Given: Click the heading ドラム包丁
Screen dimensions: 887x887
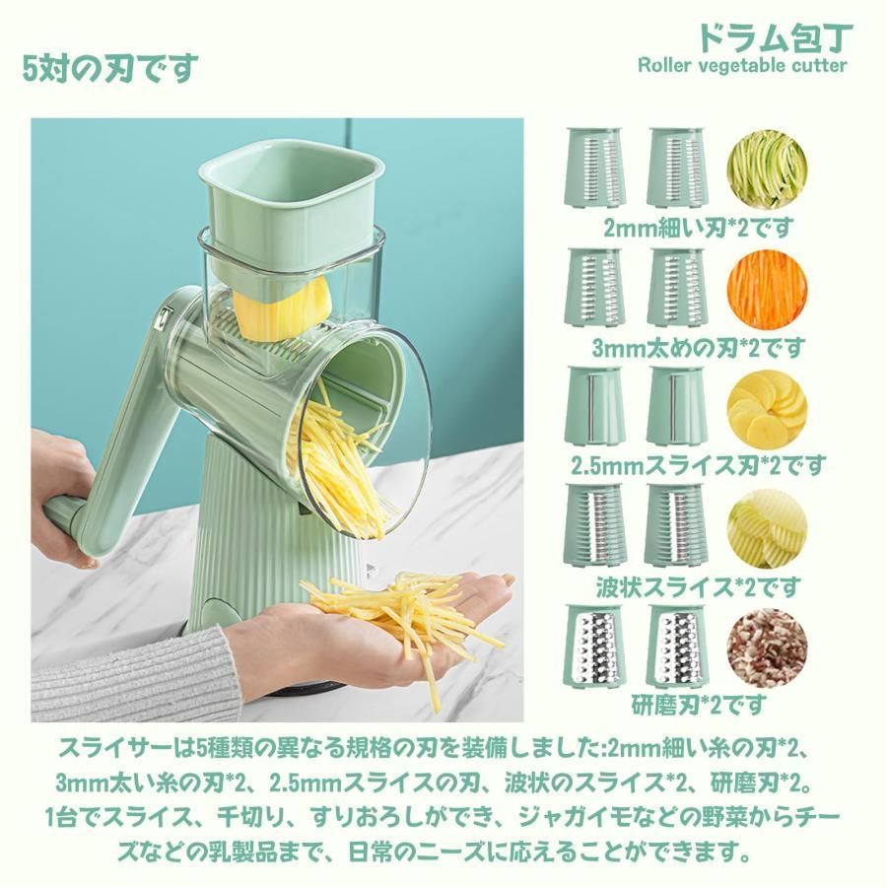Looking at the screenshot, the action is coord(775,36).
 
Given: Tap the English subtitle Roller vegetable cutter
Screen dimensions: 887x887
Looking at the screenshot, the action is coord(742,65).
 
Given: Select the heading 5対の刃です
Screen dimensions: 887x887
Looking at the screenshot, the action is coord(110,68).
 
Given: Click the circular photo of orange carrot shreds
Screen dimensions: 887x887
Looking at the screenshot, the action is coord(767,289).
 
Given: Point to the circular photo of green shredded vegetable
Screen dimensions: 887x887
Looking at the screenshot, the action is coord(767,169).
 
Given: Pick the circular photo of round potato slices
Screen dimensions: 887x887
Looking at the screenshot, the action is coord(767,408).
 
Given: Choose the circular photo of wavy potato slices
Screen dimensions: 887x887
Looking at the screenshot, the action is coord(767,529).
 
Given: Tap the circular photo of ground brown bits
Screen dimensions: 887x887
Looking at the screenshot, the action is coord(767,648).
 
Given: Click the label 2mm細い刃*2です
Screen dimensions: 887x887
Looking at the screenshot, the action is coord(698,228).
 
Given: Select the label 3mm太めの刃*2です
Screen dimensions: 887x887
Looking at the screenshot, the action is coord(698,347).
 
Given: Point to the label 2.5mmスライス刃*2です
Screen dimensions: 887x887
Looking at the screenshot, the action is coord(698,466).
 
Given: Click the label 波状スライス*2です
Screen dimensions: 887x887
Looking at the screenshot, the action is coord(699,586).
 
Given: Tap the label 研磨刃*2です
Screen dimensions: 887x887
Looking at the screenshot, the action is coord(699,705).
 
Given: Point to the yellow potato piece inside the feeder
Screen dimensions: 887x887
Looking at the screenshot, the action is coord(282,308).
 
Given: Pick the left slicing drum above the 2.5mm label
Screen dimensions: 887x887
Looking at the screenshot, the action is coord(594,405).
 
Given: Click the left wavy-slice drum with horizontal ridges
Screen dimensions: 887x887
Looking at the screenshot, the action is coord(594,525).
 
